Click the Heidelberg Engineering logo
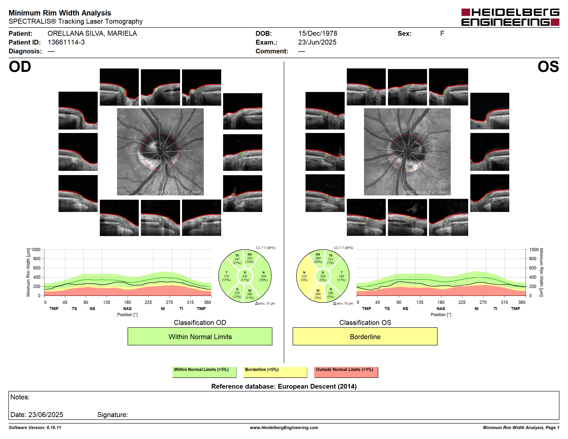[x=510, y=17]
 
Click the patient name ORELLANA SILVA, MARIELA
[x=92, y=34]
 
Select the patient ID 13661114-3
[x=66, y=42]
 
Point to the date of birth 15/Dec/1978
[x=318, y=34]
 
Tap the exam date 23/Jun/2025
[x=317, y=42]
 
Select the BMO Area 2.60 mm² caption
[x=178, y=193]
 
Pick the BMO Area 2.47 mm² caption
[x=426, y=193]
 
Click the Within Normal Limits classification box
[x=200, y=337]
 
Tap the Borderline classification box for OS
[x=365, y=337]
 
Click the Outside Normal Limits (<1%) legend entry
[x=346, y=372]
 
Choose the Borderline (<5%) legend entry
[x=275, y=372]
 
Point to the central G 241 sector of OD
[x=245, y=276]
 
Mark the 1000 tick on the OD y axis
[x=36, y=250]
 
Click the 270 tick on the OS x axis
[x=483, y=302]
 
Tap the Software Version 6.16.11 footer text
[x=35, y=428]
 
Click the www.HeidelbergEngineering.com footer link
[x=284, y=428]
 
